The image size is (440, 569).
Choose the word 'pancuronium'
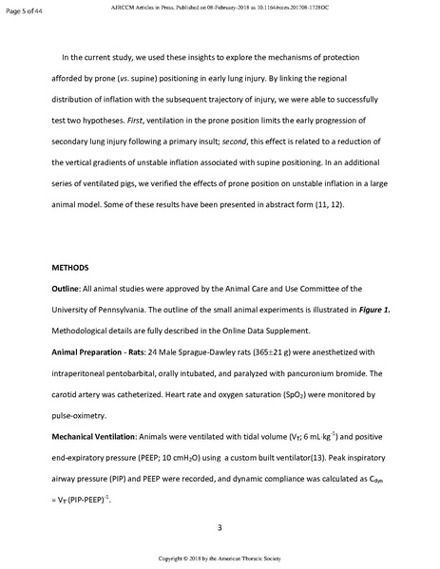click(317, 366)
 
